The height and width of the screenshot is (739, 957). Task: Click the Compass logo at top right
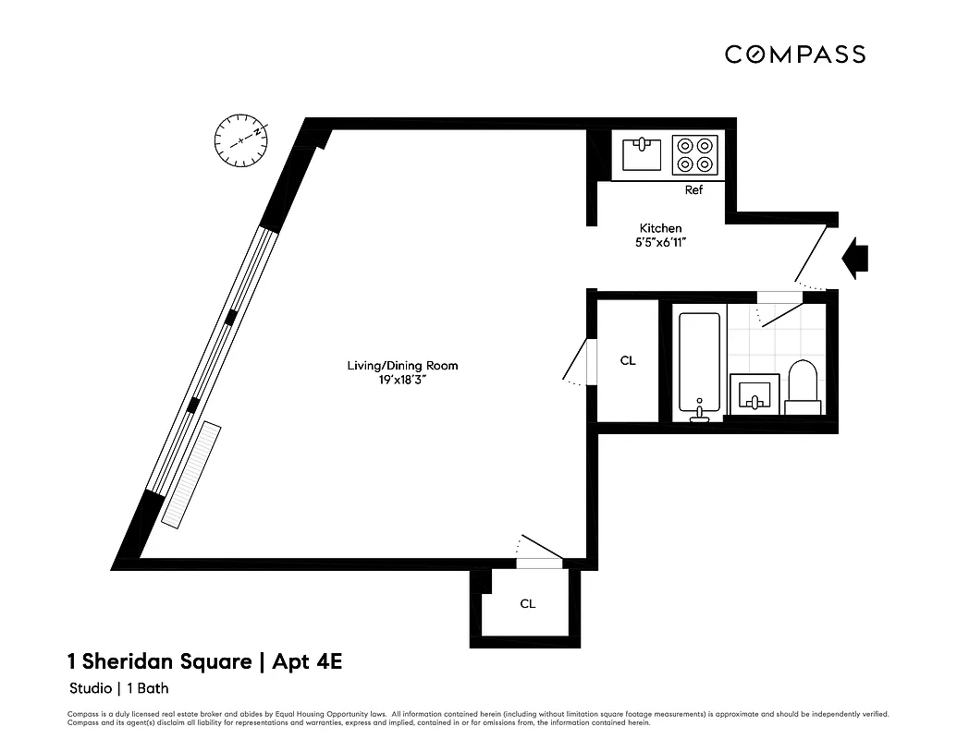coord(794,55)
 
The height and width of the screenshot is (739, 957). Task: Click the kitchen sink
coord(642,154)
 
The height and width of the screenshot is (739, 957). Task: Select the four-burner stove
coord(695,154)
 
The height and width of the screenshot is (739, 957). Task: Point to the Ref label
coord(693,190)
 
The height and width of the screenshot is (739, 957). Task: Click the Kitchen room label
coord(661,228)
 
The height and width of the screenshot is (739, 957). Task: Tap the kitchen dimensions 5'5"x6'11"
coord(661,243)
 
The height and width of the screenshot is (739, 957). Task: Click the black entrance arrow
coord(855,256)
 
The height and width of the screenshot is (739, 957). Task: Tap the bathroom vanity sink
coord(755,395)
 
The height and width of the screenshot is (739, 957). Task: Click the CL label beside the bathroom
coord(627,360)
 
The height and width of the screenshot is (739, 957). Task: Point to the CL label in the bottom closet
coord(527,604)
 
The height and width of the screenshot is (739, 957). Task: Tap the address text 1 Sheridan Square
coord(159,661)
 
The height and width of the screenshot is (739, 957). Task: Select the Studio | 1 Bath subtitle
coord(118,688)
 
